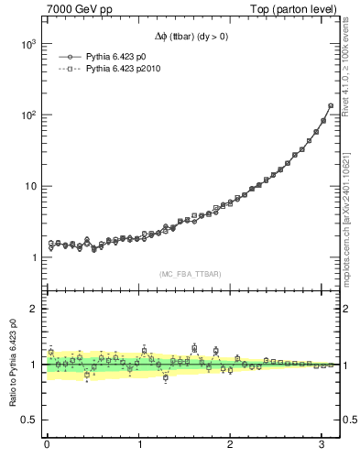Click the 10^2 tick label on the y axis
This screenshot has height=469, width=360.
click(x=27, y=115)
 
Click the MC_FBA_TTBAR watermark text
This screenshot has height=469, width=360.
click(x=190, y=275)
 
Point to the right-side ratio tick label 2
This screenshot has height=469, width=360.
click(x=346, y=309)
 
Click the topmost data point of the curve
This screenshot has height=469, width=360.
click(x=330, y=105)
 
